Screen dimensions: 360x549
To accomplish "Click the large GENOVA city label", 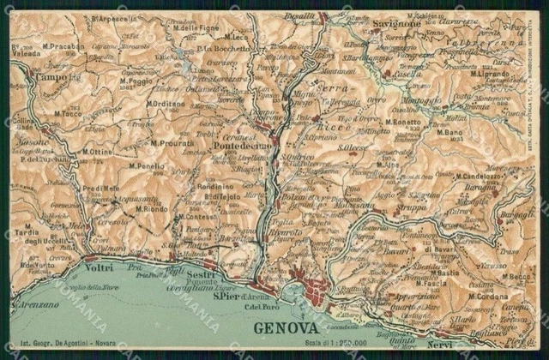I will [x=287, y=328].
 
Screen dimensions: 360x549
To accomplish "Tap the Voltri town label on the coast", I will [x=100, y=267].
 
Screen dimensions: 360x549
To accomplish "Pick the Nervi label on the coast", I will [x=437, y=345].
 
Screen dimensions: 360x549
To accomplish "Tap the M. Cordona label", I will [x=488, y=297].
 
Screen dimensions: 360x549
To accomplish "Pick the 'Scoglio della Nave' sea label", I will [x=61, y=286].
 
